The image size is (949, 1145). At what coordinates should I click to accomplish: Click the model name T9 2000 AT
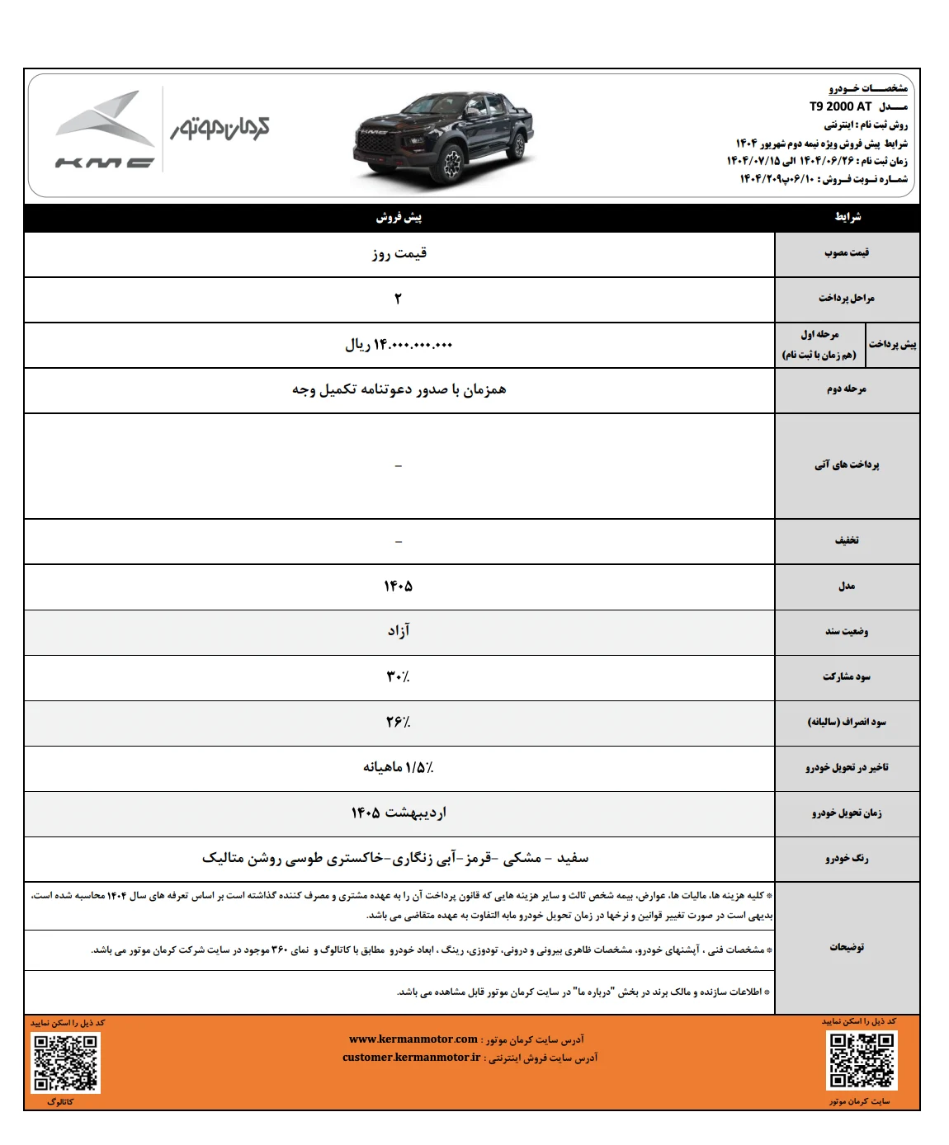pyautogui.click(x=840, y=106)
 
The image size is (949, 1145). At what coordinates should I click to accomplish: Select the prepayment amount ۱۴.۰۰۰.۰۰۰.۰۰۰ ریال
pyautogui.click(x=399, y=345)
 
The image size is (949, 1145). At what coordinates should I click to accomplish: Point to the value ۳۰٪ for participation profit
pyautogui.click(x=398, y=676)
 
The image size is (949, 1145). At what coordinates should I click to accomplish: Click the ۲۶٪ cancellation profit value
pyautogui.click(x=398, y=722)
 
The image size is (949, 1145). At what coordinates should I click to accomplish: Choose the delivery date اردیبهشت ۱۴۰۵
pyautogui.click(x=399, y=813)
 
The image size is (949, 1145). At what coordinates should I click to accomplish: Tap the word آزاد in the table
pyautogui.click(x=399, y=631)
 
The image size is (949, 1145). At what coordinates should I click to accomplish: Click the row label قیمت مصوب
pyautogui.click(x=847, y=252)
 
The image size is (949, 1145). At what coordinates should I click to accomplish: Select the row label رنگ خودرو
pyautogui.click(x=847, y=858)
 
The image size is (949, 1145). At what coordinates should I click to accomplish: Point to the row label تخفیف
pyautogui.click(x=847, y=540)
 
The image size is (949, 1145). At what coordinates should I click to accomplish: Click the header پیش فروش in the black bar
pyautogui.click(x=399, y=217)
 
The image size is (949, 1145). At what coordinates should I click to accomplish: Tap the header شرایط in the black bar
pyautogui.click(x=847, y=217)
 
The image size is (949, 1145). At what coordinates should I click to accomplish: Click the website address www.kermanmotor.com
pyautogui.click(x=413, y=1039)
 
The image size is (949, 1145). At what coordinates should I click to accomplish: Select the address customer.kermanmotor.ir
pyautogui.click(x=411, y=1058)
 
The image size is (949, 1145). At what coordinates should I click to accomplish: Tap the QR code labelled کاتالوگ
pyautogui.click(x=65, y=1063)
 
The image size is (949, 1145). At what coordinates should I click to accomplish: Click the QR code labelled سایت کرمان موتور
pyautogui.click(x=862, y=1060)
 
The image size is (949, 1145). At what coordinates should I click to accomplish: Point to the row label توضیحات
pyautogui.click(x=847, y=947)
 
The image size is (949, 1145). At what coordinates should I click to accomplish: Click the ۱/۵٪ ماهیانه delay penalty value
pyautogui.click(x=399, y=767)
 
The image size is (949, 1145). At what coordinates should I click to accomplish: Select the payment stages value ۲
pyautogui.click(x=398, y=299)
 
